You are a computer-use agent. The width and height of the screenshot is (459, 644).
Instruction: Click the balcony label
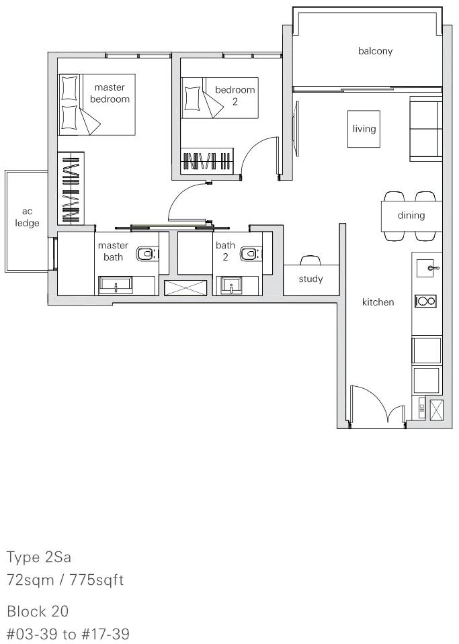tap(375, 51)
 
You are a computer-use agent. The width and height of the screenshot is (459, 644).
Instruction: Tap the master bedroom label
tap(110, 93)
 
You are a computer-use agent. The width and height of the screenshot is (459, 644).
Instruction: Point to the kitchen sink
tap(427, 268)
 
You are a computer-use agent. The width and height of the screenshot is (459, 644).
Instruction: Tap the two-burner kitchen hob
tap(425, 301)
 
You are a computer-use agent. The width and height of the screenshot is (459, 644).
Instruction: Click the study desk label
tap(310, 279)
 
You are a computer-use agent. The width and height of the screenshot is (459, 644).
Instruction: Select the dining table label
tap(411, 216)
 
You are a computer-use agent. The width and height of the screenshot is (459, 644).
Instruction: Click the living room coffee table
tap(364, 128)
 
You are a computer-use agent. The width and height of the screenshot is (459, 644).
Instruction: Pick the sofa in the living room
tap(425, 128)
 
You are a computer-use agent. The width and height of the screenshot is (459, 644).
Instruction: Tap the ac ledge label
tap(27, 218)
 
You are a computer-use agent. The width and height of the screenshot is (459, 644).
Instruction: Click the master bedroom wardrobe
tap(71, 188)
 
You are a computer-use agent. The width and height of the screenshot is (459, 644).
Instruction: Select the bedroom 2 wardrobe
tap(207, 160)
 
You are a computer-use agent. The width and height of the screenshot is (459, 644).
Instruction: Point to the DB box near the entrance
tap(421, 409)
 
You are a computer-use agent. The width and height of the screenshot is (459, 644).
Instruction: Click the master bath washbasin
tap(116, 284)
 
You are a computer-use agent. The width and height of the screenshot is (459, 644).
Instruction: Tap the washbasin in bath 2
tap(232, 285)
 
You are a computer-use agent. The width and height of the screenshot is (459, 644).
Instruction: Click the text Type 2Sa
tap(39, 557)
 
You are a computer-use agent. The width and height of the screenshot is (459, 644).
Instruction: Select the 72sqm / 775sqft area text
tap(65, 580)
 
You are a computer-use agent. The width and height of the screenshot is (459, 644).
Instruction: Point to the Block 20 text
tap(38, 611)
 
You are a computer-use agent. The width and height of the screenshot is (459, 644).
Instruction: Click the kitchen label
tap(378, 302)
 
